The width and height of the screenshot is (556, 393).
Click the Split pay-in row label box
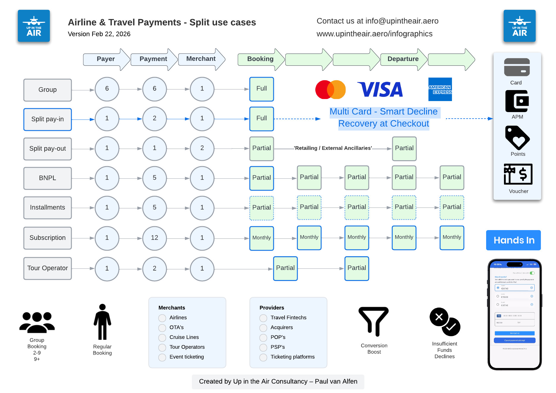pos(48,119)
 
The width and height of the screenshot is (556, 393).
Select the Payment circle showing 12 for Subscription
pos(154,238)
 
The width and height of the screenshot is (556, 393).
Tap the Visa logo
pos(380,89)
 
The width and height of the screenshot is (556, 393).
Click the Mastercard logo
pos(330,89)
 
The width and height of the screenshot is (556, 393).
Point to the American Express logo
pos(440,89)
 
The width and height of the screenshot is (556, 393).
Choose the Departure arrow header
pos(403,59)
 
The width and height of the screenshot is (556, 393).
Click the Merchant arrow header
pos(201,59)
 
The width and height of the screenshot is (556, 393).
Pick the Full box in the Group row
pos(262,89)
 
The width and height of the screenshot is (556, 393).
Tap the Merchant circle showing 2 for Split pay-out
pos(202,148)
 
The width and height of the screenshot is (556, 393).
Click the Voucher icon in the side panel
pos(518,174)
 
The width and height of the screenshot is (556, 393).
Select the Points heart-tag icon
pos(517,138)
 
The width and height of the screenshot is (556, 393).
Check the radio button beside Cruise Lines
pos(162,338)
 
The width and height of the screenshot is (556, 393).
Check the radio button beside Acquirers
pos(263,328)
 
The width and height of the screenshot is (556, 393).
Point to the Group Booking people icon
pos(37,322)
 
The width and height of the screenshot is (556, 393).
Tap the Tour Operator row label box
pos(48,268)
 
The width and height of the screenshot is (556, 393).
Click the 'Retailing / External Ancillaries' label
pos(333,148)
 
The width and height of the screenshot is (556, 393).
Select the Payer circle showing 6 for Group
pos(107,89)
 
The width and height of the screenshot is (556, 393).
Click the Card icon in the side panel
pos(517,67)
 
